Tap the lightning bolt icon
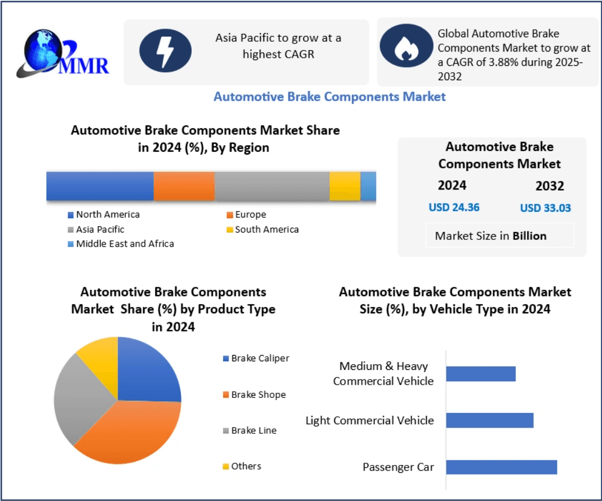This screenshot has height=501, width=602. [165, 51]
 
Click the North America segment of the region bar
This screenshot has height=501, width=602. [100, 186]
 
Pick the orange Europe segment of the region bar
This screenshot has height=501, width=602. [184, 186]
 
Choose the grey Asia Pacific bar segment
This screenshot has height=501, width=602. [272, 186]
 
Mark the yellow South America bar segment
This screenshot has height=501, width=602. [344, 186]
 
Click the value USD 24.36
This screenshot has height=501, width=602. [454, 207]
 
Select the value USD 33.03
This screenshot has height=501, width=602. [545, 208]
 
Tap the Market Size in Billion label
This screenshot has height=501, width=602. [490, 236]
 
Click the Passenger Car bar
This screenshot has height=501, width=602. [501, 467]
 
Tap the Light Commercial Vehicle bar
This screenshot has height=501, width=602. [489, 420]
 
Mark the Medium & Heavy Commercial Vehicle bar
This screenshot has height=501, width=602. [481, 374]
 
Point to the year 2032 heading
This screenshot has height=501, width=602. [549, 186]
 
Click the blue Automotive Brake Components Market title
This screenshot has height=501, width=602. [329, 97]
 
